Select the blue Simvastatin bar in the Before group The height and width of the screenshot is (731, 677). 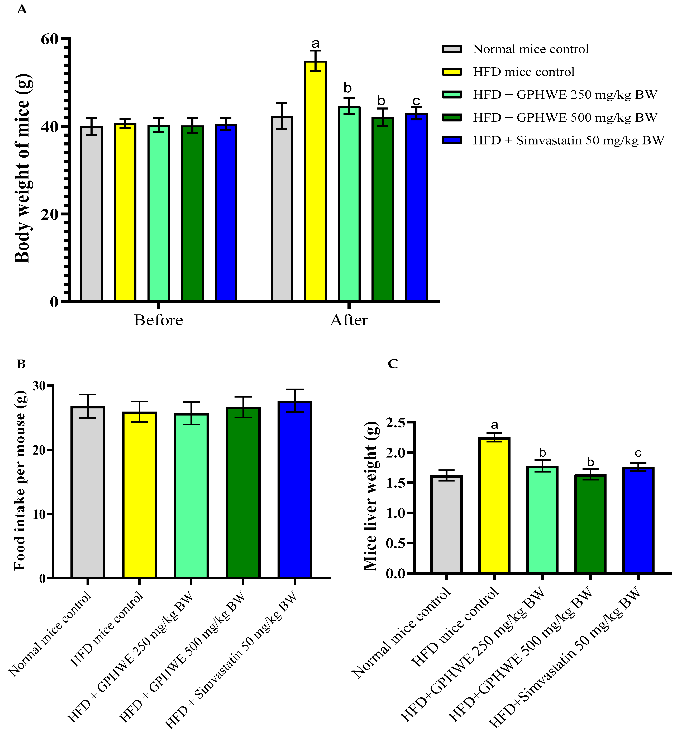tap(226, 213)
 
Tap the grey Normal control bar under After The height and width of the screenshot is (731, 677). tap(282, 209)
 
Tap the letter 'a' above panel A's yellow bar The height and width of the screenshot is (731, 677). tap(315, 44)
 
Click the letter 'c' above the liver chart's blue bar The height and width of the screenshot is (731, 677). tap(638, 453)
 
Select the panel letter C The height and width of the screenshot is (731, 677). tap(393, 364)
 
